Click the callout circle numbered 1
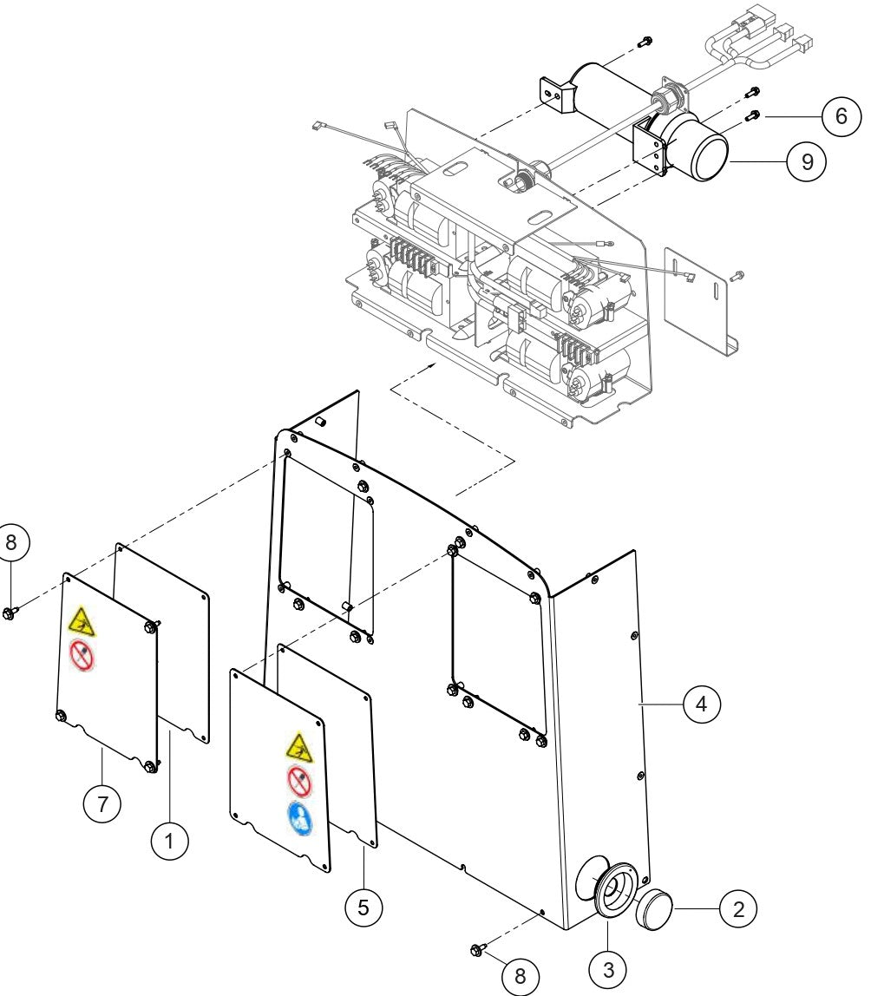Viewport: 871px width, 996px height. point(170,840)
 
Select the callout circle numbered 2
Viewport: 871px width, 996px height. point(737,908)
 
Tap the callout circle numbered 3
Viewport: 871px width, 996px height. point(608,968)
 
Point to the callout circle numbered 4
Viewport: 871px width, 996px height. point(701,704)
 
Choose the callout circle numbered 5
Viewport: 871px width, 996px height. point(363,907)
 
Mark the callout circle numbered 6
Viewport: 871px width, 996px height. point(840,116)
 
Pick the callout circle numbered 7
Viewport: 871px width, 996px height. point(102,803)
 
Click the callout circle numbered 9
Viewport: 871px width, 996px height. point(807,162)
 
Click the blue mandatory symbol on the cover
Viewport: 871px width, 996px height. point(299,817)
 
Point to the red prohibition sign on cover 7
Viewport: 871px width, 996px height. point(82,656)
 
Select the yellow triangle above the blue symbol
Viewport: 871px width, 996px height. point(298,745)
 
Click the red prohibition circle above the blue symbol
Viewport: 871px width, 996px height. point(299,782)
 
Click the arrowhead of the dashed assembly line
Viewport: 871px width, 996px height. point(429,369)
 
